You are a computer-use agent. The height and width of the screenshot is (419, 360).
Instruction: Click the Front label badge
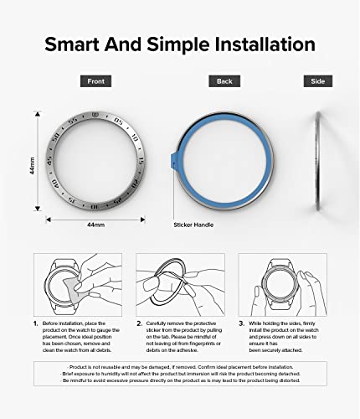pos(92,81)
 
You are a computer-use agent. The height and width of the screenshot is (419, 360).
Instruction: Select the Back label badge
pos(224,81)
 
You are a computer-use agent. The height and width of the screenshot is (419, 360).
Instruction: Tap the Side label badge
pos(318,81)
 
